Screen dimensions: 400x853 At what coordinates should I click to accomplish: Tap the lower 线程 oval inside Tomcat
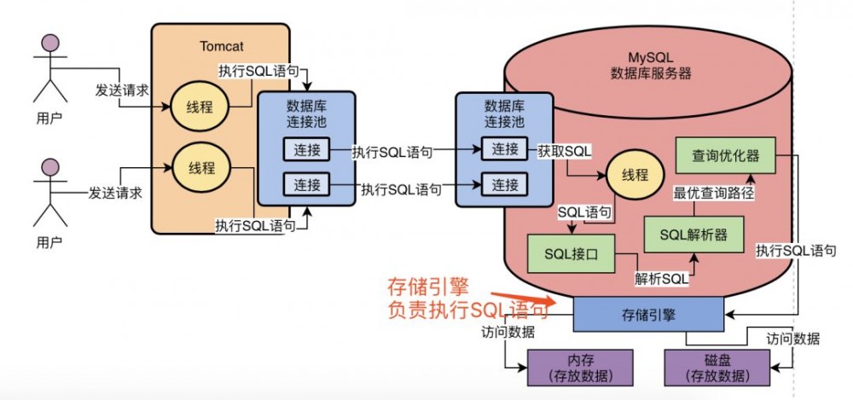pos(197,165)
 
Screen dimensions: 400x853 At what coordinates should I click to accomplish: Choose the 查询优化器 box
pos(725,156)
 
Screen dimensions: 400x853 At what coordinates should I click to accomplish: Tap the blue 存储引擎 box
pos(647,315)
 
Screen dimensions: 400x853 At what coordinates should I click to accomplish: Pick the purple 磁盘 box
pos(707,368)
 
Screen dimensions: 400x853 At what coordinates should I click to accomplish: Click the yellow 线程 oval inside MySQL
pos(634,176)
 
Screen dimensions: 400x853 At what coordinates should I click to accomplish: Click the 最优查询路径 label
pos(713,194)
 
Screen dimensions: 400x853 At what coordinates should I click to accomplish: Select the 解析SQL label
pos(661,278)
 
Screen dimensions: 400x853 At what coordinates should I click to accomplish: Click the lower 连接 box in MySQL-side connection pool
pos(505,183)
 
